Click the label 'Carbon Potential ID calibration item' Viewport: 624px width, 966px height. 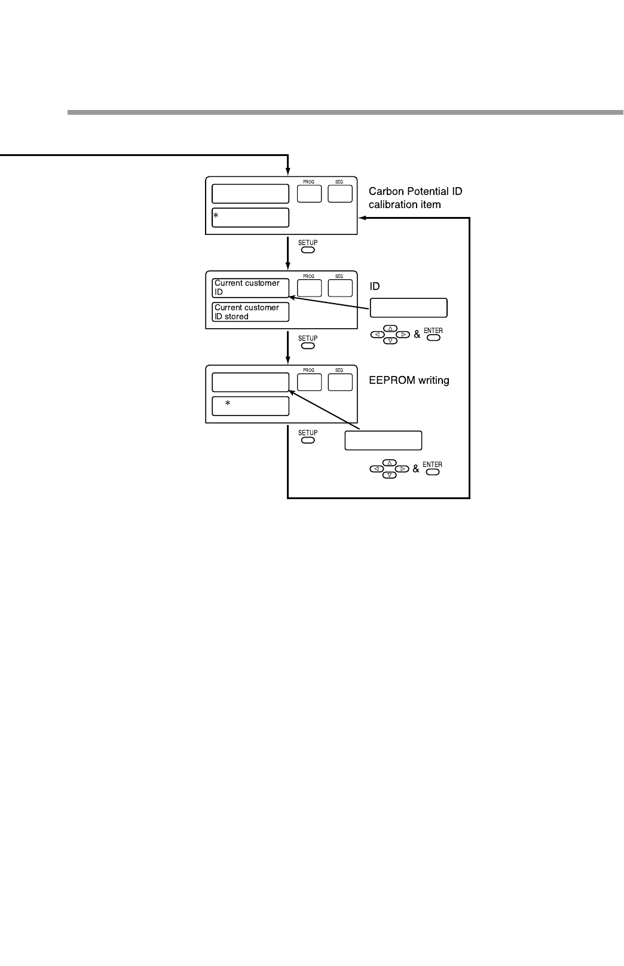click(x=415, y=198)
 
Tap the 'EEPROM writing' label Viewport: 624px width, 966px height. click(x=409, y=380)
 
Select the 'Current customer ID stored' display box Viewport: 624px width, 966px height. click(x=250, y=312)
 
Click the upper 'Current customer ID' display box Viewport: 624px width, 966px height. click(x=250, y=288)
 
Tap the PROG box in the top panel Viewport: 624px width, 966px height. click(x=309, y=194)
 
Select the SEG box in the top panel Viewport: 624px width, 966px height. click(x=339, y=194)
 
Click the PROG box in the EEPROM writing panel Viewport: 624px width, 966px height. click(x=309, y=382)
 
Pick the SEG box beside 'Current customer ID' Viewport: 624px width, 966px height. click(x=339, y=288)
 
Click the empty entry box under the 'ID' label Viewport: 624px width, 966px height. click(x=409, y=308)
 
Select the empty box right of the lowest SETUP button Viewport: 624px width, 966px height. click(x=383, y=441)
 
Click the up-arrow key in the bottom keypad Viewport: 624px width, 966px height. click(x=390, y=463)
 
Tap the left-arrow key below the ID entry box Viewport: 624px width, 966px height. click(x=377, y=335)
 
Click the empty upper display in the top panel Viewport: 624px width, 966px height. click(x=250, y=194)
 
